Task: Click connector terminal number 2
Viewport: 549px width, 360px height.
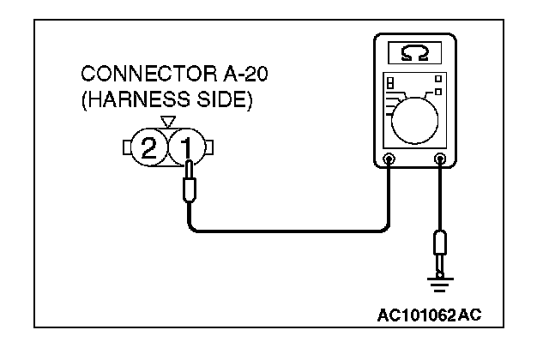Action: [x=149, y=150]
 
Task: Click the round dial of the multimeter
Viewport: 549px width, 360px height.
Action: [x=417, y=117]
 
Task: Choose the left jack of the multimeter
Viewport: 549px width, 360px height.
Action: [x=389, y=159]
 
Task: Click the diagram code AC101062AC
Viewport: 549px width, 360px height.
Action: [x=429, y=315]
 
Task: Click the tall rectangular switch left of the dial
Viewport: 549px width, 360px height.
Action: [x=390, y=86]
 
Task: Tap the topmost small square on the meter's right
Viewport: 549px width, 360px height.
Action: [x=439, y=78]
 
